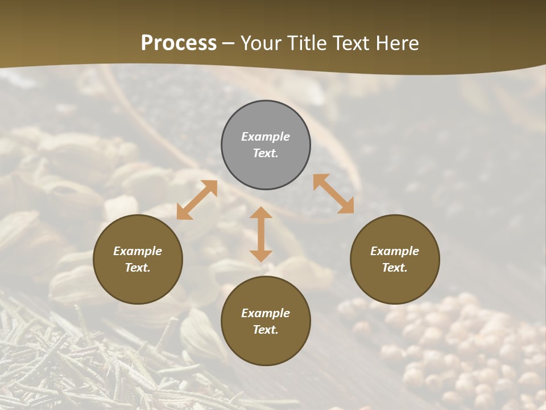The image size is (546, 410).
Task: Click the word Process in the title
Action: [x=179, y=43]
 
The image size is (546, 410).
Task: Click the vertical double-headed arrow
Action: [x=261, y=235]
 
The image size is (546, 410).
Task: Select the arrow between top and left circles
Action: [x=197, y=200]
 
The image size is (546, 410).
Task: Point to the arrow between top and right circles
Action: [x=333, y=194]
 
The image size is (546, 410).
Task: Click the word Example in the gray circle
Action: [x=266, y=137]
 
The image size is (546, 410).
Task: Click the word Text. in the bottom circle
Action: [x=266, y=330]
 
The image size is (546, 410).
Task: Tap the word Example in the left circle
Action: [x=138, y=251]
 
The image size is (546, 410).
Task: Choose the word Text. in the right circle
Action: [x=395, y=268]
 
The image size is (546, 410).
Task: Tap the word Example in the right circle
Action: [x=395, y=251]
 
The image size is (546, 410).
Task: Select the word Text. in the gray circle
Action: [x=266, y=153]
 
